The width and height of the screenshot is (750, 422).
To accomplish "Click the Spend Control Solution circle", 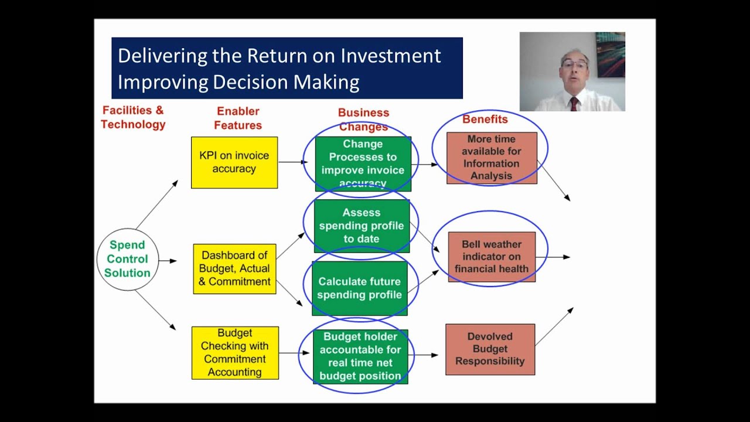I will click(128, 259).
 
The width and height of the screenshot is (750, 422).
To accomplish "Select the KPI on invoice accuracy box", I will click(234, 162).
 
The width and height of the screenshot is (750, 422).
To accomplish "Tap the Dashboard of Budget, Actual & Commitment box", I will click(234, 268).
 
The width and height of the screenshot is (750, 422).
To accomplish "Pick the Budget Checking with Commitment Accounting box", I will click(235, 353).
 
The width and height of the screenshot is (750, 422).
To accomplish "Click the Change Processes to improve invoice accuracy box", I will click(363, 164).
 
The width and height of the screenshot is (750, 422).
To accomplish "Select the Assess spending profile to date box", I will click(362, 226).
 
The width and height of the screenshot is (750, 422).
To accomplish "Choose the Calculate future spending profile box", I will click(359, 288).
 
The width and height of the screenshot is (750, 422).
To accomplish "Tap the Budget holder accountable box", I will click(360, 356).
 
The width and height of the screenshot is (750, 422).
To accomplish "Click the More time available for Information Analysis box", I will click(492, 158).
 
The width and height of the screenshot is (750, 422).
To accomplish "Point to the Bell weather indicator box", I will click(492, 257).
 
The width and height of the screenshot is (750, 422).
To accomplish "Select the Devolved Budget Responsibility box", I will click(490, 349).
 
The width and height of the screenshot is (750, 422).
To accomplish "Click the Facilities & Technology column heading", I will click(133, 117).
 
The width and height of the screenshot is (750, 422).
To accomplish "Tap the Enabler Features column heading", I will click(238, 118).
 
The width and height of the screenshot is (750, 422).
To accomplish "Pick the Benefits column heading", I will click(485, 120).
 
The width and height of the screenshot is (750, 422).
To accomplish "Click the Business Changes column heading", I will click(363, 120).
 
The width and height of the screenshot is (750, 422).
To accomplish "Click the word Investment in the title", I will click(391, 56).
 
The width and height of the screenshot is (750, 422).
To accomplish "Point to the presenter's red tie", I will click(574, 104).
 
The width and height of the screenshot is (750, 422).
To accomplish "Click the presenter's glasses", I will click(574, 64).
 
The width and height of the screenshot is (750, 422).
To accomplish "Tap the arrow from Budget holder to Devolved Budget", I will click(426, 355).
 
